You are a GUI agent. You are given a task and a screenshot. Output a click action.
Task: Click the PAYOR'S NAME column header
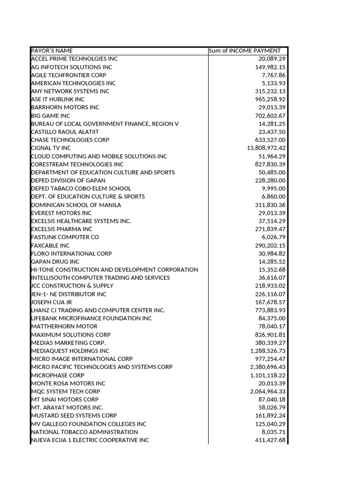(x=52, y=51)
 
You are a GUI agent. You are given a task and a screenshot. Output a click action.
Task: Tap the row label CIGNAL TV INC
(x=51, y=148)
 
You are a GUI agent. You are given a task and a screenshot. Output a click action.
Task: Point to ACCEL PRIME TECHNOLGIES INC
(x=74, y=59)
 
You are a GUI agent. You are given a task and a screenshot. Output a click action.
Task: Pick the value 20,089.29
(x=272, y=59)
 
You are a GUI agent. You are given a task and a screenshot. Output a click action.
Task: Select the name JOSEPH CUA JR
(x=52, y=302)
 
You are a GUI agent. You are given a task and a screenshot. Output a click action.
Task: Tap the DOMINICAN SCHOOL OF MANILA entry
(x=76, y=205)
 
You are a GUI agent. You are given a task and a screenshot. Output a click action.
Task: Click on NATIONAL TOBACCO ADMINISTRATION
(x=84, y=432)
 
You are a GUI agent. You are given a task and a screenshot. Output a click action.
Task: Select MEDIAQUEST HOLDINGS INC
(x=70, y=351)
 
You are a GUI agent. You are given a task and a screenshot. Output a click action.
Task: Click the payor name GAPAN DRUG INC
(x=55, y=261)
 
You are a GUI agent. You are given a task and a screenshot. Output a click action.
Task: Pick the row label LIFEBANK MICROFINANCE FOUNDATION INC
(x=91, y=318)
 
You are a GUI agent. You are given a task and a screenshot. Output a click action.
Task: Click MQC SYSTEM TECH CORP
(x=66, y=391)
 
